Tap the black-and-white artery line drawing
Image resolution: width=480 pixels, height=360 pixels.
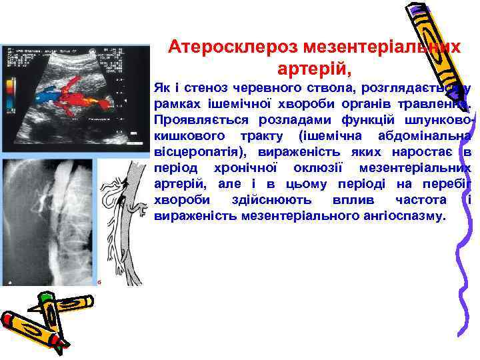[124, 220]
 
